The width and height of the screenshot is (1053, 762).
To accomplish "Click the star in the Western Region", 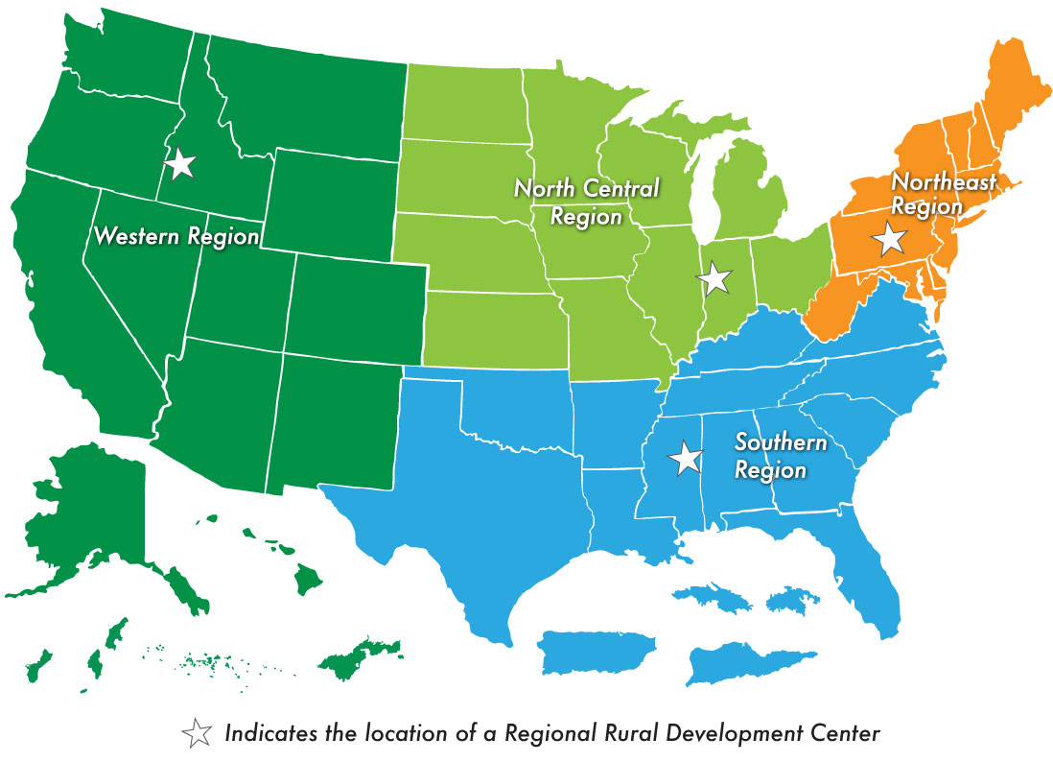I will [x=179, y=164].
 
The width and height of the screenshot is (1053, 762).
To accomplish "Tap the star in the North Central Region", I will [x=714, y=278].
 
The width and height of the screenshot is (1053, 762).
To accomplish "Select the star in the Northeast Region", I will [x=890, y=238].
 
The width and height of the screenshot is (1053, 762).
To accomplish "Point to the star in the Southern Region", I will [x=686, y=458].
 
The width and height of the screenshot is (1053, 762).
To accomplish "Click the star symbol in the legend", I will [x=198, y=734].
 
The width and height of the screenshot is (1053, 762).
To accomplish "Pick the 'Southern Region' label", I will [x=780, y=456].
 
